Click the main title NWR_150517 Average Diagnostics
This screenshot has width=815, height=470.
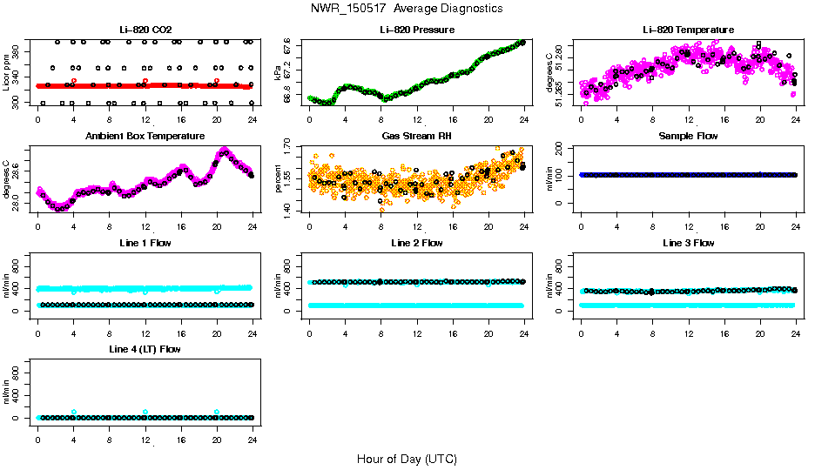coord(406,9)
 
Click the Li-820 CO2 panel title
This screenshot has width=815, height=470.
coord(145,30)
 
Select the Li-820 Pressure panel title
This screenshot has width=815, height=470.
coord(417,30)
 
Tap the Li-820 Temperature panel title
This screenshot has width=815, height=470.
coord(688,30)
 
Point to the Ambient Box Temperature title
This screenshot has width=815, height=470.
coord(145,137)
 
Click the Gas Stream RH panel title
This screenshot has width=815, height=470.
coord(417,137)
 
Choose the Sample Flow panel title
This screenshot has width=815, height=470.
coord(688,137)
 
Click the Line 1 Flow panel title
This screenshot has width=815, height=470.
coord(145,243)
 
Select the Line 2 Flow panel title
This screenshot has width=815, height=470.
coord(417,243)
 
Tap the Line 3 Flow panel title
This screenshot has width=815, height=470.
coord(688,243)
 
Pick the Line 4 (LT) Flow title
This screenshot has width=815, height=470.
coord(145,349)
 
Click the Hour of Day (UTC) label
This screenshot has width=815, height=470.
coord(406,459)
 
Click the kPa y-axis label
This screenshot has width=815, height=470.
coord(278,73)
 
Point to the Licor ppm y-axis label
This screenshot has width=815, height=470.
coord(6,73)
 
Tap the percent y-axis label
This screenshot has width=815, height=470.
coord(278,179)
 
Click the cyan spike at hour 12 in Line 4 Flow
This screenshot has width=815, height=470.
coord(145,412)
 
